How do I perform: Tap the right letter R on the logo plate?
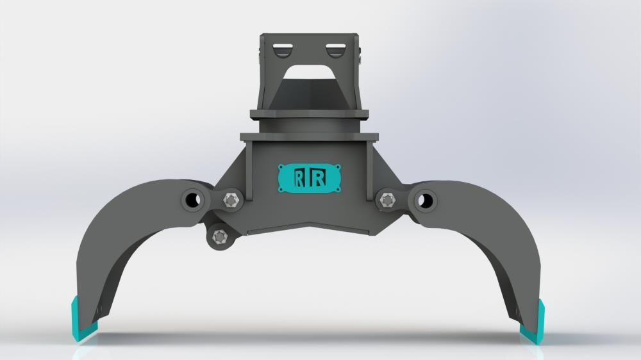click(x=318, y=178)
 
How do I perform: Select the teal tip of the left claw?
click(x=82, y=320)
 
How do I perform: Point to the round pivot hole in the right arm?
click(x=424, y=200)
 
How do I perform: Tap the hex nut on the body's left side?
click(x=231, y=200)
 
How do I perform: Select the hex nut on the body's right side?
click(x=387, y=200)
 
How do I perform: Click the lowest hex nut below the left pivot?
click(x=220, y=236)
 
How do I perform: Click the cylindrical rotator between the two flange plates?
click(x=309, y=127)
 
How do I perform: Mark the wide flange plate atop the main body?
click(x=309, y=137)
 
